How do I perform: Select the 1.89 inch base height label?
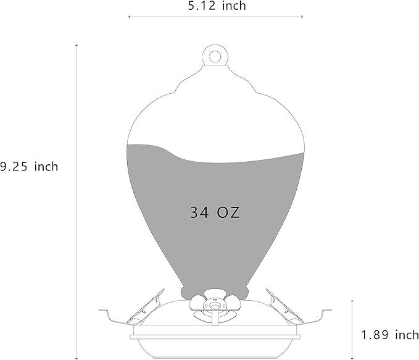click(389, 335)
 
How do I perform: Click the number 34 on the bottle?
click(200, 213)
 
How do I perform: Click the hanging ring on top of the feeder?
click(215, 56)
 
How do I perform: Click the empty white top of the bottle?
click(215, 114)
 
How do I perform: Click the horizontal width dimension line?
click(215, 17)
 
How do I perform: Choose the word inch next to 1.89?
click(405, 335)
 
